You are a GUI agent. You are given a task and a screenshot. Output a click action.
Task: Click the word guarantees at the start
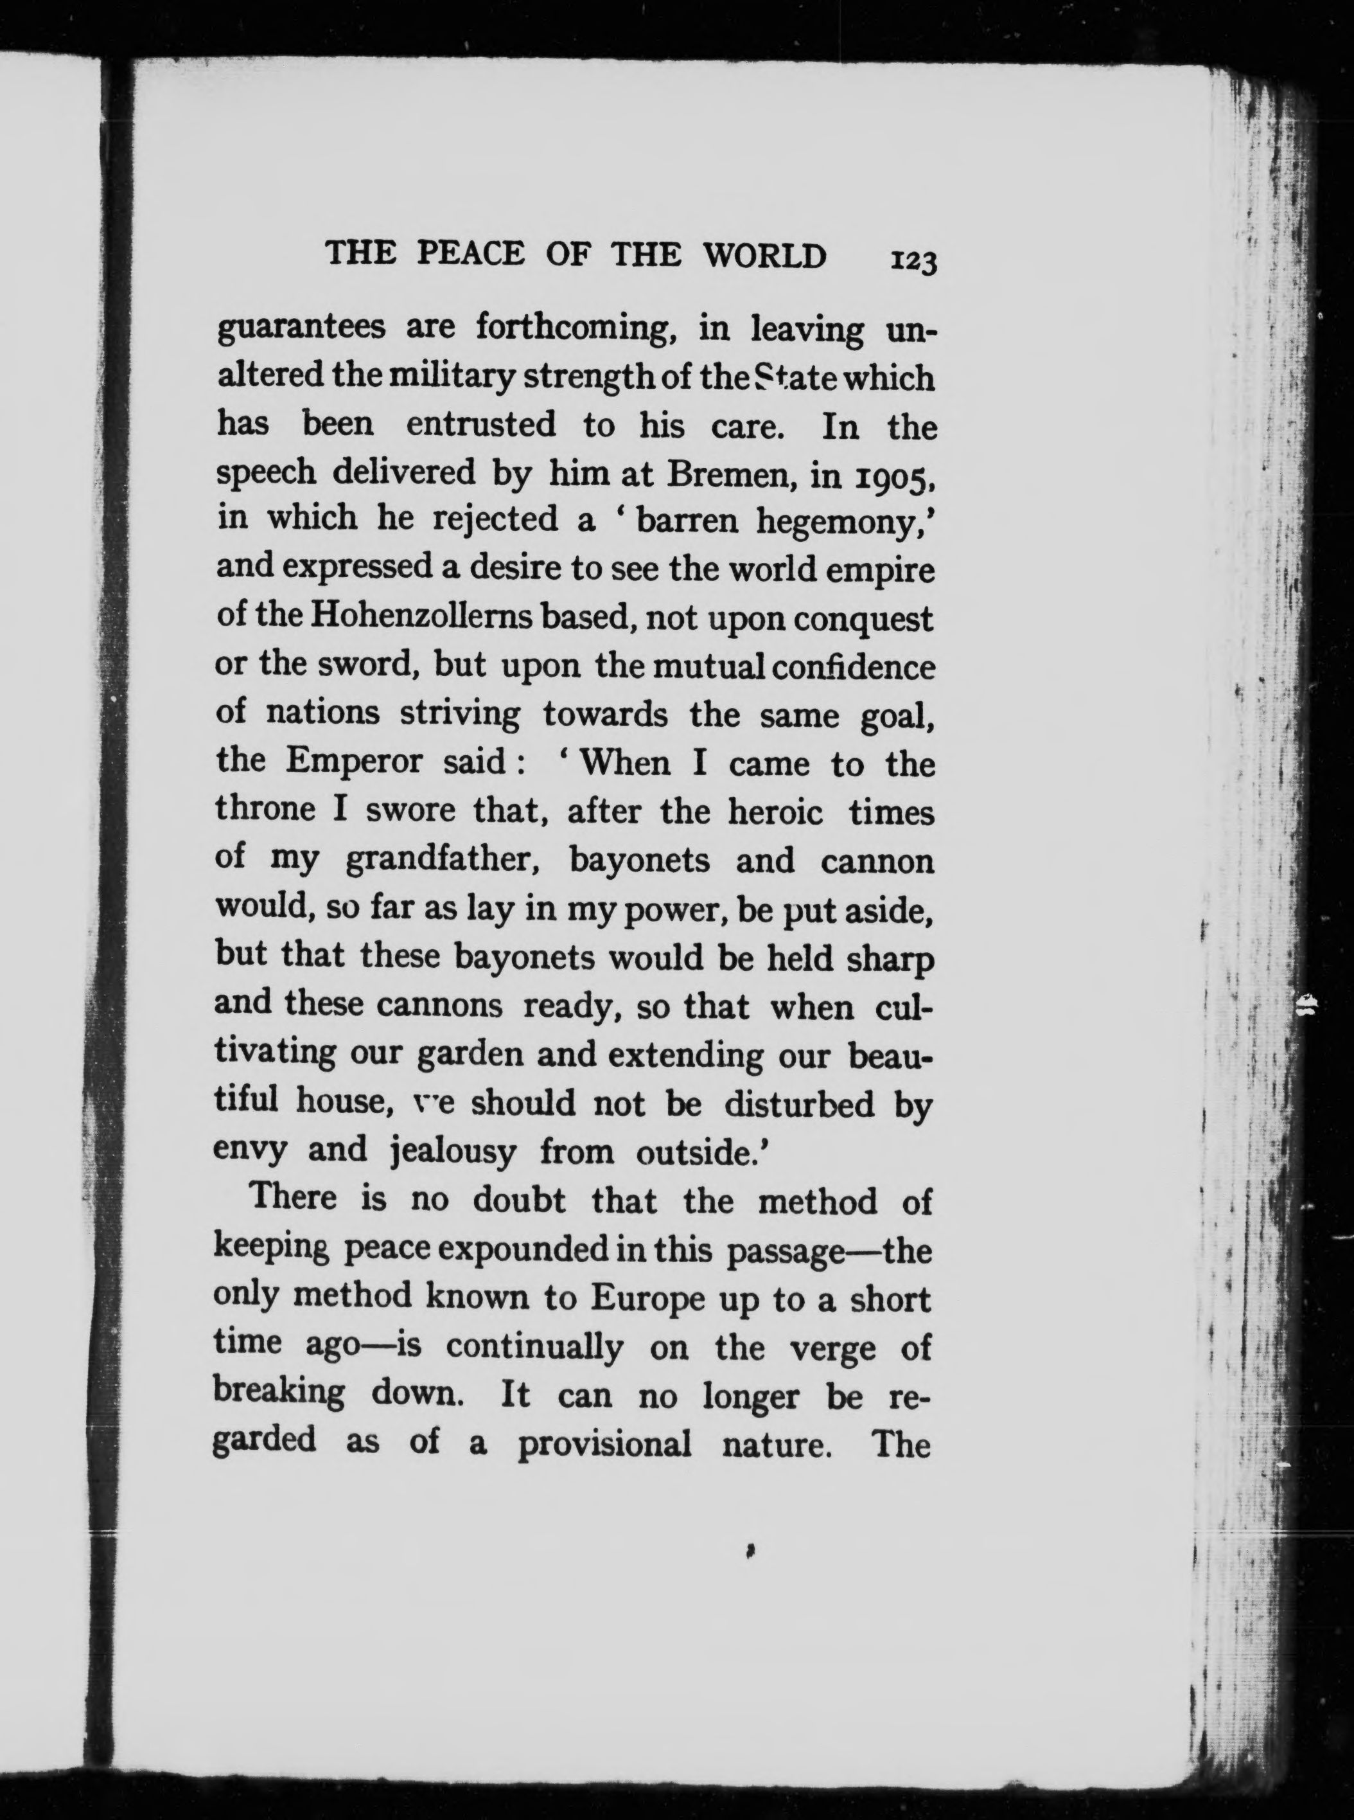click(300, 330)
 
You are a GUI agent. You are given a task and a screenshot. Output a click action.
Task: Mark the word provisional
click(604, 1443)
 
